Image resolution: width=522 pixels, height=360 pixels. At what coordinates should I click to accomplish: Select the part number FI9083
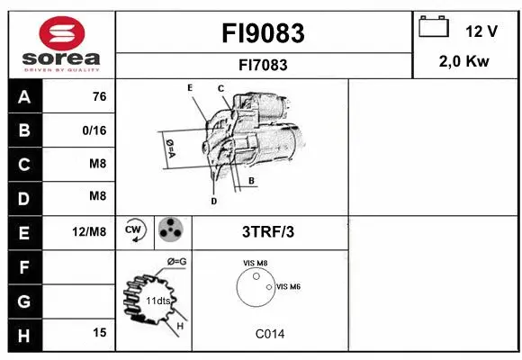263,33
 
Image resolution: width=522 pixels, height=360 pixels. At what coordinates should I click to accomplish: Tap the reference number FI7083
263,65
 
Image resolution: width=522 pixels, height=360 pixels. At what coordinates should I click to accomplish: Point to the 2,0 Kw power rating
464,61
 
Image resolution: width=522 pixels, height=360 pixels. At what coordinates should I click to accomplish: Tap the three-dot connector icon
170,231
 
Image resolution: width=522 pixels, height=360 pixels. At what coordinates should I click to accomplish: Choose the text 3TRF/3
268,232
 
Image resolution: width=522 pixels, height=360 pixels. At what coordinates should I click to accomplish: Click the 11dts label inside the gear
157,301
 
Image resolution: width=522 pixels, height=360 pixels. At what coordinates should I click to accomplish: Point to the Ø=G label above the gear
176,262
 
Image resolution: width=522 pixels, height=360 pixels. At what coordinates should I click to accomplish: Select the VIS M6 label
288,286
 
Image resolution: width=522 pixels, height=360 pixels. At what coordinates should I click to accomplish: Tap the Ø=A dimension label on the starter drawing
168,147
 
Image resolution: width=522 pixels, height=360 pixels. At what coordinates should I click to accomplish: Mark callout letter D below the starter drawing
213,202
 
